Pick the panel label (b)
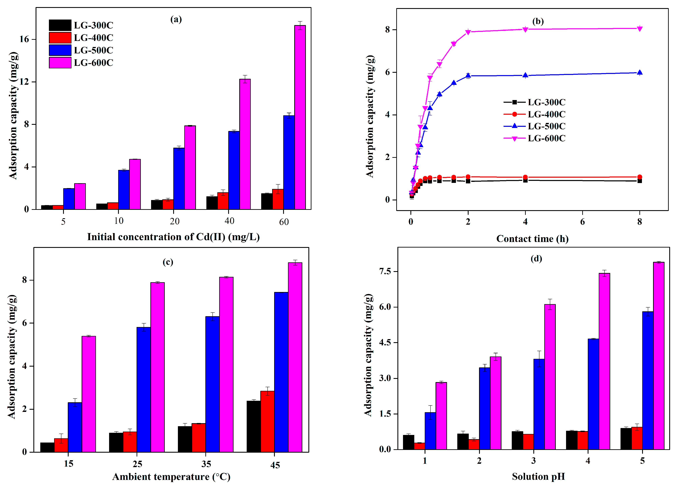pyautogui.click(x=538, y=21)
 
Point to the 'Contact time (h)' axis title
pyautogui.click(x=532, y=239)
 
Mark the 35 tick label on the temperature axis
pyautogui.click(x=206, y=464)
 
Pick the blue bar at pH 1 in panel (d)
pyautogui.click(x=430, y=431)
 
